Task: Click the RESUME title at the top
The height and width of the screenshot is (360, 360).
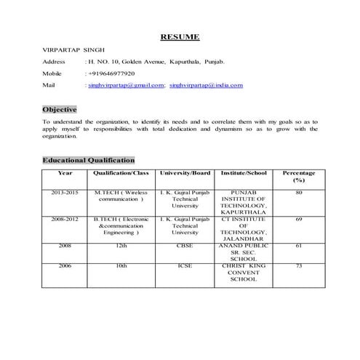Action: [x=180, y=37]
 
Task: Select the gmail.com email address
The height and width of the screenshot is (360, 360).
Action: [x=126, y=85]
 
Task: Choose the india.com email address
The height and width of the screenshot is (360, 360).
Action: [x=207, y=85]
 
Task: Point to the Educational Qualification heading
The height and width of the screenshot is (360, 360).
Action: [x=88, y=159]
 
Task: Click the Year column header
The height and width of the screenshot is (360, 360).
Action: [x=65, y=173]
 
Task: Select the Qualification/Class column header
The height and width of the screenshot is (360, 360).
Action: [x=121, y=173]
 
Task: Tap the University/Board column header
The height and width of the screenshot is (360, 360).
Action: [x=185, y=173]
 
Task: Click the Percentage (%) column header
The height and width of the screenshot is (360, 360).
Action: [x=298, y=177]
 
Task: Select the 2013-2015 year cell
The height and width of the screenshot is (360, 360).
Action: [x=65, y=192]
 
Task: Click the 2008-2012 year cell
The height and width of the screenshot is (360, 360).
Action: [x=65, y=218]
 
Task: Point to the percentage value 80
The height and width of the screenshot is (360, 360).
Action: [x=298, y=192]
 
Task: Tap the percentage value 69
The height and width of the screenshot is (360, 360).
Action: [x=298, y=218]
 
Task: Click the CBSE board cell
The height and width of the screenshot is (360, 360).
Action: [x=185, y=246]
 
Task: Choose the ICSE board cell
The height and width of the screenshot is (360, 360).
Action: [x=185, y=266]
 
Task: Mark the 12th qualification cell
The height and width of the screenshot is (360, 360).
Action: [x=121, y=246]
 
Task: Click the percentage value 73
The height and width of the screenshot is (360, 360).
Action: [x=298, y=266]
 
